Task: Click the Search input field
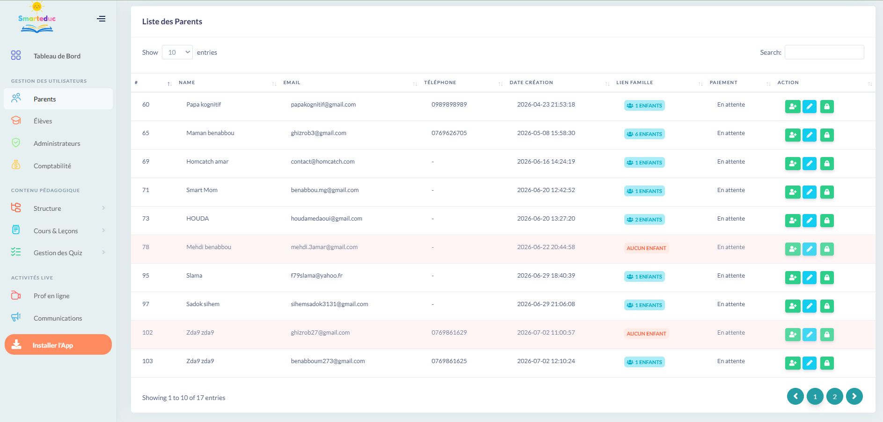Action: click(824, 52)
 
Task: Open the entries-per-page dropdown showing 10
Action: click(177, 52)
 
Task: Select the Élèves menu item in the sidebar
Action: click(43, 121)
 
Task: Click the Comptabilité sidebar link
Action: click(52, 166)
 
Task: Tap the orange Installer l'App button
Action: click(58, 345)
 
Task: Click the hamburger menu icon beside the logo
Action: click(101, 19)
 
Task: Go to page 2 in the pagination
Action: click(834, 396)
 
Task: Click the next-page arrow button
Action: click(854, 396)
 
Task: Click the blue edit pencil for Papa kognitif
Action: click(810, 107)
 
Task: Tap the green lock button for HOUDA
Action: click(827, 221)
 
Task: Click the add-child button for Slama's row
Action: click(793, 278)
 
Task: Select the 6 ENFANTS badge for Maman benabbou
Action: click(644, 134)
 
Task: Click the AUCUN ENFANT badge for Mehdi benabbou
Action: click(646, 248)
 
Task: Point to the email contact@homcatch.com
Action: click(322, 162)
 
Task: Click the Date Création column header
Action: click(531, 83)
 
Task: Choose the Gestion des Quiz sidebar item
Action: click(58, 253)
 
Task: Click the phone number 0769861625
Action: click(449, 361)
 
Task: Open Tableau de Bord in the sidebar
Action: click(57, 56)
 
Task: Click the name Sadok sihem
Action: click(203, 304)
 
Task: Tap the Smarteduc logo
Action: click(37, 18)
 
